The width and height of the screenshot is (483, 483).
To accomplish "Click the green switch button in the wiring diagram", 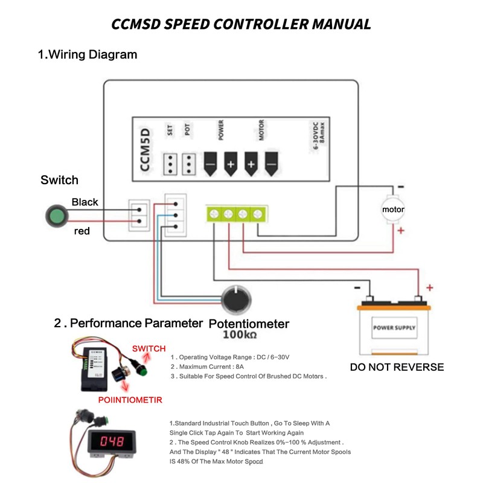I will pyautogui.click(x=57, y=216).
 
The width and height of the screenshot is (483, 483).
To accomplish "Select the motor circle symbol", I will pyautogui.click(x=393, y=210).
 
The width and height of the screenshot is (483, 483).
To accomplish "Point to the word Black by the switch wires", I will pyautogui.click(x=85, y=202).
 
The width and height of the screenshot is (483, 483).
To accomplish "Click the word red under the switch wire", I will pyautogui.click(x=82, y=231).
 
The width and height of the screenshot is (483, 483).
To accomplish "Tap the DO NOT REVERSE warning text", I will pyautogui.click(x=397, y=367).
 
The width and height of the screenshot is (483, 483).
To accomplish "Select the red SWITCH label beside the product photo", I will pyautogui.click(x=149, y=348).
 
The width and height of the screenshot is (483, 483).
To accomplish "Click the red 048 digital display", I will pyautogui.click(x=112, y=441).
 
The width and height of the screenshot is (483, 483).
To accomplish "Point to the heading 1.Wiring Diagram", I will pyautogui.click(x=88, y=54).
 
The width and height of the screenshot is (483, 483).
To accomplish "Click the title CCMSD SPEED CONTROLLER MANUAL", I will pyautogui.click(x=241, y=24).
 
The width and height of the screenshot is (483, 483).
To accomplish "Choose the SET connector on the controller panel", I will pyautogui.click(x=170, y=162).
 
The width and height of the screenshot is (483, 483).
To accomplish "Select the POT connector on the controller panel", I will pyautogui.click(x=189, y=162).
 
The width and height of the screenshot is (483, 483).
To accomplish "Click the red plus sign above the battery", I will pyautogui.click(x=429, y=287).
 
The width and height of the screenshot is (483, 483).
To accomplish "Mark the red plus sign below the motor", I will pyautogui.click(x=400, y=230).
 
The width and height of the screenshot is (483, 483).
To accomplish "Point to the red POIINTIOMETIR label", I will pyautogui.click(x=130, y=399).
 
